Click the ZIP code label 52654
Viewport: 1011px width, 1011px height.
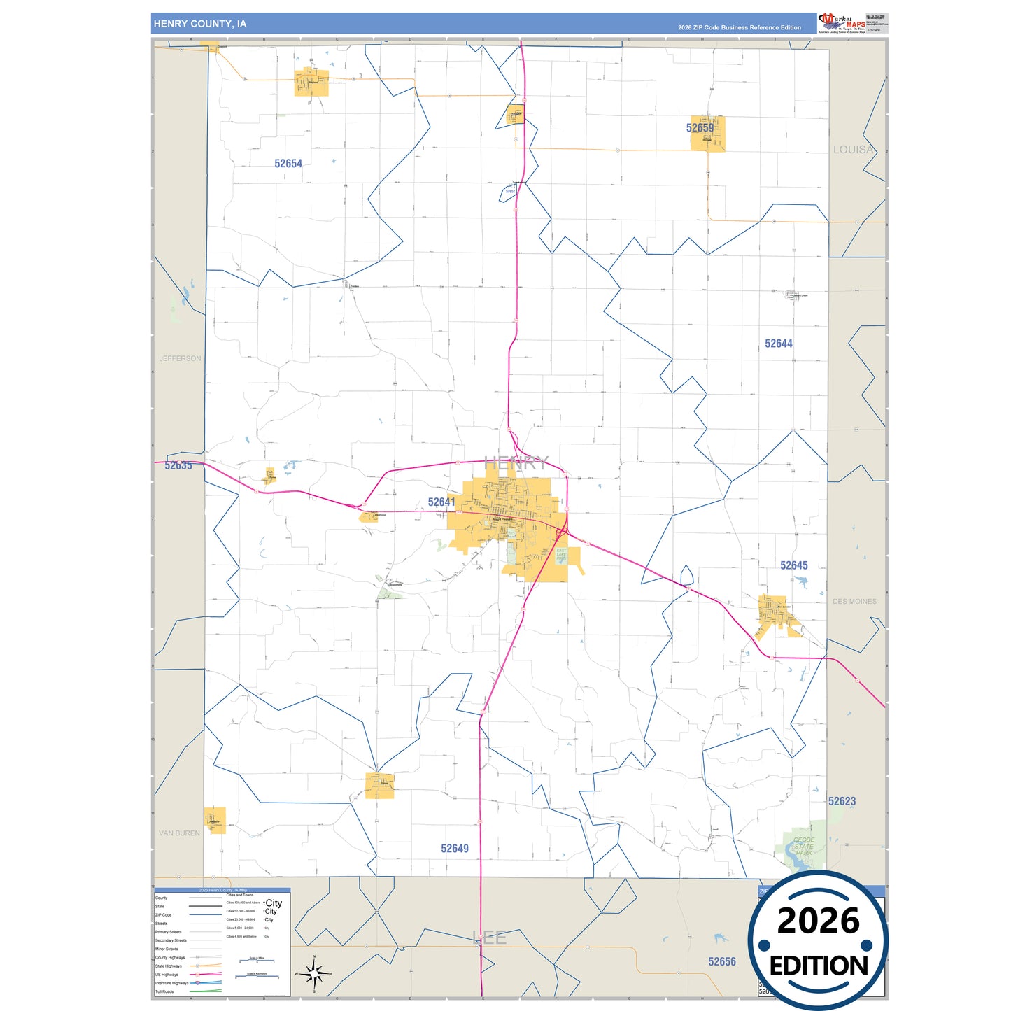288,164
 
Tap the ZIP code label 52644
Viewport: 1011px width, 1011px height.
778,344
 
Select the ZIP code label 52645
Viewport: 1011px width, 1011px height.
793,565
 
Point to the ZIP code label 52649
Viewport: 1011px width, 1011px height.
454,849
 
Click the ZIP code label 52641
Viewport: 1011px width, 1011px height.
441,502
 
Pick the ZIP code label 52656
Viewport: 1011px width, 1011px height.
721,962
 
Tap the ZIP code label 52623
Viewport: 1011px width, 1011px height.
842,801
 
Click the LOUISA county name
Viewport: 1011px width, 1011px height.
853,150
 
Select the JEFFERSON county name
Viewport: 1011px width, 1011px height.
180,358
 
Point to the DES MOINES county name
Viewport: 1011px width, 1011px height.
854,601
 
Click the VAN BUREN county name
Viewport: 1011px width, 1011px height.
179,833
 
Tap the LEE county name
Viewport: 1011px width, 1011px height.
490,938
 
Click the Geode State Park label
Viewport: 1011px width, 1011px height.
804,847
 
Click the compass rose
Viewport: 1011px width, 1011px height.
314,973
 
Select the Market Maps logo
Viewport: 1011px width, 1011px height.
842,23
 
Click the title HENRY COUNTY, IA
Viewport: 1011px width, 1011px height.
200,24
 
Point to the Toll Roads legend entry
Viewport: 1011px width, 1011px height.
165,991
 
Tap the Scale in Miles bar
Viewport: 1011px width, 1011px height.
256,961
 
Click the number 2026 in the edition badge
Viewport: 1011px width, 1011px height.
818,921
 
